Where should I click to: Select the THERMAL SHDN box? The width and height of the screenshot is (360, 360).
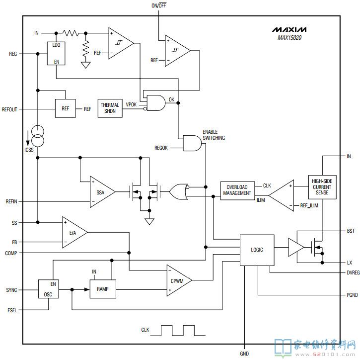[x=110, y=108]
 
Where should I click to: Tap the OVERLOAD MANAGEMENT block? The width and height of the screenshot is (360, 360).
[x=237, y=189]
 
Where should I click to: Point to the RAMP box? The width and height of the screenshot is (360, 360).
[x=102, y=289]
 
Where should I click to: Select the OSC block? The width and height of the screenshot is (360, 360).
[x=49, y=289]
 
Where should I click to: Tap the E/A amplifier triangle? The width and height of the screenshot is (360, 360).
[x=73, y=232]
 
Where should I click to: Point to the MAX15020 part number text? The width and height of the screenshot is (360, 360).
[x=292, y=38]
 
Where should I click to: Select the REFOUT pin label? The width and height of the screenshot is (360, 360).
[x=9, y=109]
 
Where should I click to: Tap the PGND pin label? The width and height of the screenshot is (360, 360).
[x=352, y=295]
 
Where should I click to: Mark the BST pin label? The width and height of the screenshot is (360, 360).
[x=351, y=231]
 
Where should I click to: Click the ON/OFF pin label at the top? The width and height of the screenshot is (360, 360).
[x=159, y=5]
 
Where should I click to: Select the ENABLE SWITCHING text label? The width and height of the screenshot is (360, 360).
[x=214, y=135]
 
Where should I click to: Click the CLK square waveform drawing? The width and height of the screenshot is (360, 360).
[x=178, y=330]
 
